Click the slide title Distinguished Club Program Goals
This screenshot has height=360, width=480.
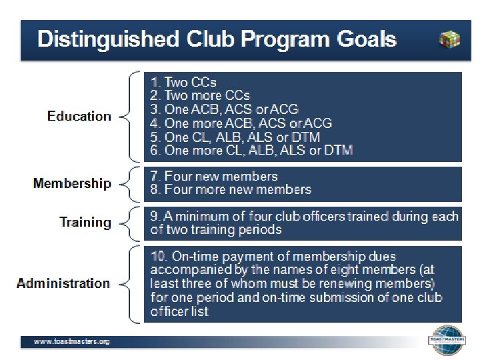click(x=217, y=38)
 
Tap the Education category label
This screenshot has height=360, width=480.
click(x=79, y=116)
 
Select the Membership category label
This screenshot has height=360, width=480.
click(x=72, y=183)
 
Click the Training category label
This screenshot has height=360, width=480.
click(x=85, y=222)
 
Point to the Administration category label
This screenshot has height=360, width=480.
click(x=63, y=283)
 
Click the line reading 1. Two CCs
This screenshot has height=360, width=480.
click(x=183, y=83)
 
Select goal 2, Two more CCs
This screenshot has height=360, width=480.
click(x=200, y=96)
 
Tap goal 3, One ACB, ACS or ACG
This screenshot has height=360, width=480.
click(x=224, y=109)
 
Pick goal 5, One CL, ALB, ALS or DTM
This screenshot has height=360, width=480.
click(x=235, y=137)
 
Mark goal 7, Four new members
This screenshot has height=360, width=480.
click(x=214, y=177)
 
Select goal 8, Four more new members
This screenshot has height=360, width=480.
click(x=231, y=190)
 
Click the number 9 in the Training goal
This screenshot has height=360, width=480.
click(x=155, y=216)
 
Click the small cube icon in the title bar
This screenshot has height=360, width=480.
click(x=449, y=39)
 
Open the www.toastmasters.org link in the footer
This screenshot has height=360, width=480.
click(x=72, y=341)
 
